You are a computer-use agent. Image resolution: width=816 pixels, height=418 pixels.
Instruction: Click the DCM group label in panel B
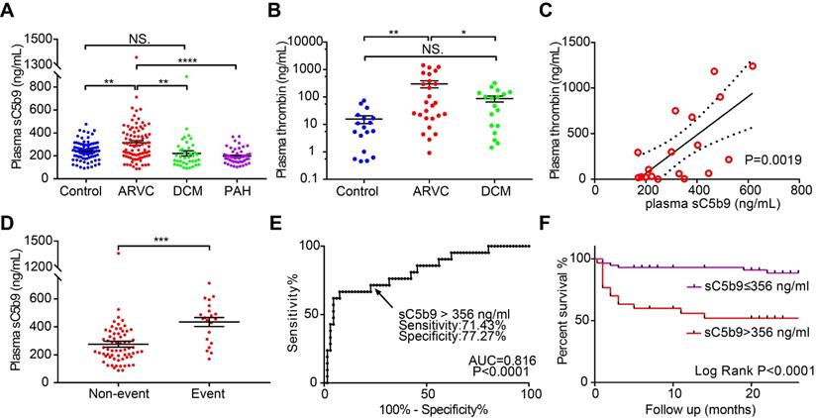508,190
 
